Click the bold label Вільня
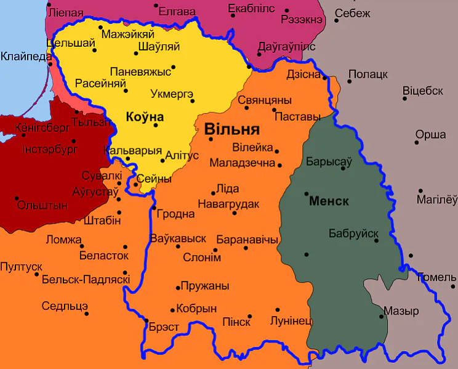click(231, 130)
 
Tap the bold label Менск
click(329, 201)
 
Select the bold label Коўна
click(145, 116)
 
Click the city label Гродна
click(176, 214)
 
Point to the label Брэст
click(164, 327)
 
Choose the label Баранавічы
click(247, 240)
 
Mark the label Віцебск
click(423, 91)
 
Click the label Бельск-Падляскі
click(86, 280)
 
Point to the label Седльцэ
click(65, 306)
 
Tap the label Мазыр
click(401, 311)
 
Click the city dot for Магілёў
click(420, 190)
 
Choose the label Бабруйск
click(353, 233)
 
